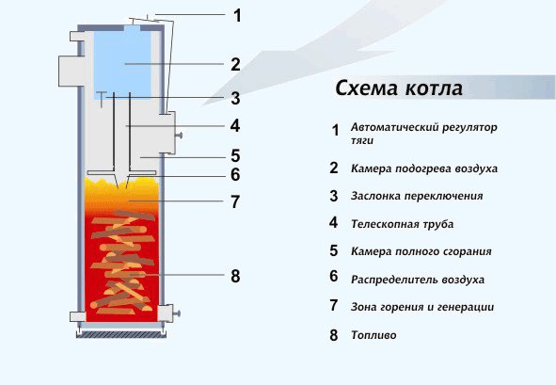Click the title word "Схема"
click(367, 88)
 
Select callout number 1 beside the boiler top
click(237, 16)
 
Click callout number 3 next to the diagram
click(235, 98)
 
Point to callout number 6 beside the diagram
click(235, 174)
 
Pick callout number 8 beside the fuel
click(235, 276)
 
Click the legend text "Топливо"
click(373, 335)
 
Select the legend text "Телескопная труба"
click(402, 224)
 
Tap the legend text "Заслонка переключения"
click(417, 196)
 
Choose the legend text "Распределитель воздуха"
click(418, 280)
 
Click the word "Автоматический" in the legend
click(395, 127)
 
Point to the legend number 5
click(334, 250)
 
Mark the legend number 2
click(334, 168)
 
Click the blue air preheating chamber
click(122, 62)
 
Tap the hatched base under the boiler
click(121, 334)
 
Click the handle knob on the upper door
click(181, 135)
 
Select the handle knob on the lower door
click(178, 313)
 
